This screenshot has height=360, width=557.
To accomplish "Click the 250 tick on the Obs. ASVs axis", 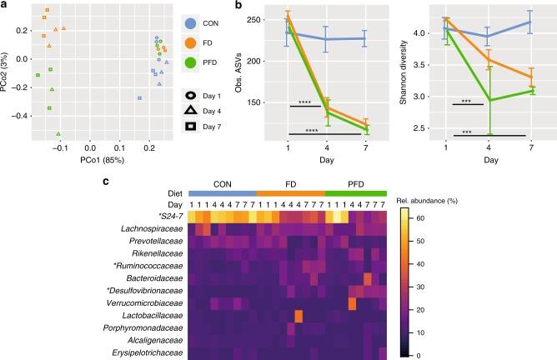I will pos(268,18).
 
